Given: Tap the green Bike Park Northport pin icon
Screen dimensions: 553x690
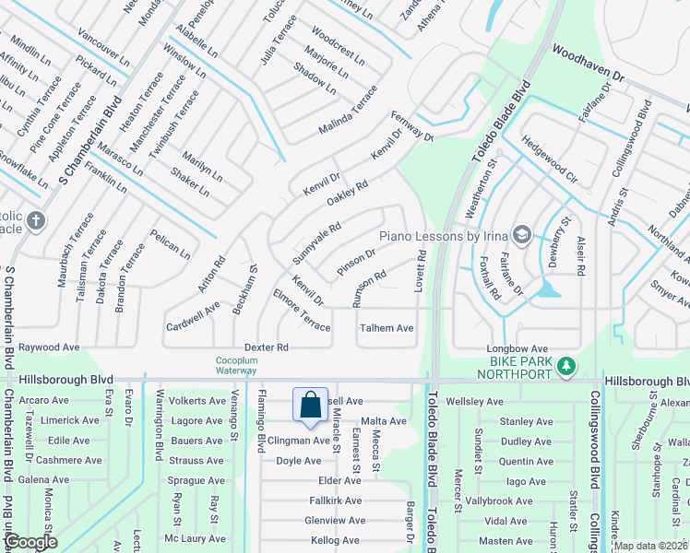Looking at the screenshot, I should [x=567, y=367].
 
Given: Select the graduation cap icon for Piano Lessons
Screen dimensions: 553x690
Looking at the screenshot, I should [x=521, y=234].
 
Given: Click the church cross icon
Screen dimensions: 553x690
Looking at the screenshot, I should [x=35, y=220].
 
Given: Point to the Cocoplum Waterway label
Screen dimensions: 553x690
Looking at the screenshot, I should [x=236, y=365].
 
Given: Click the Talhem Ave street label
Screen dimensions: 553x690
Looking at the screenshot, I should [x=387, y=328].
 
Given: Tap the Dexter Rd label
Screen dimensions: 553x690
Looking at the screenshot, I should [x=267, y=347].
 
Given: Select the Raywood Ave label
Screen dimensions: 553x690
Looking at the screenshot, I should [x=50, y=347].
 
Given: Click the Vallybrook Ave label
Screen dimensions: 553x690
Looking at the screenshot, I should [x=501, y=500].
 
